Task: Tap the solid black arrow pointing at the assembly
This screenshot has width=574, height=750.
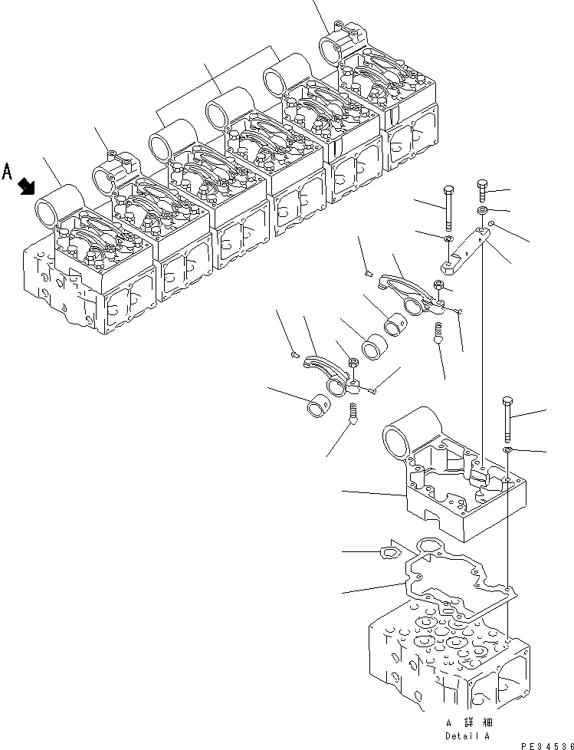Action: tap(27, 184)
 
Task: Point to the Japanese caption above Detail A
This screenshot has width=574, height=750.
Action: tap(468, 722)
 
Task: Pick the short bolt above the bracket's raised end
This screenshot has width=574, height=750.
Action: tap(481, 189)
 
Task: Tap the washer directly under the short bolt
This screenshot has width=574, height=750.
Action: tap(481, 210)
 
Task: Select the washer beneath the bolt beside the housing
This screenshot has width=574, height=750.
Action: tap(507, 448)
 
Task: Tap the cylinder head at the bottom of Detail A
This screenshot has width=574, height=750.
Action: tap(444, 660)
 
